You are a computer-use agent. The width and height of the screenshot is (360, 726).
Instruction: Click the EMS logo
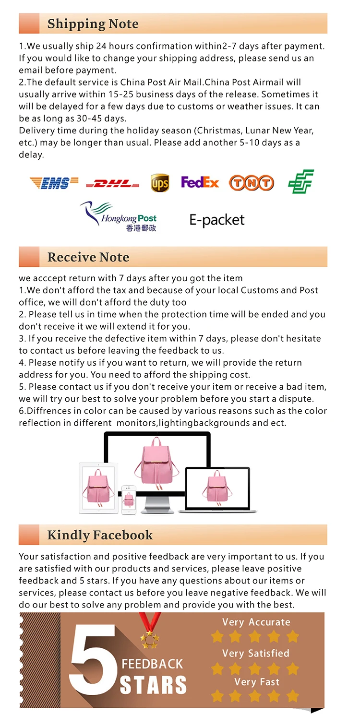(x=54, y=183)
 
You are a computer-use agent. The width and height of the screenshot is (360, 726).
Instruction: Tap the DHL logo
(x=112, y=184)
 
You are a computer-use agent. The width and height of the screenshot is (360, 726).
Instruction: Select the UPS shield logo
(x=160, y=183)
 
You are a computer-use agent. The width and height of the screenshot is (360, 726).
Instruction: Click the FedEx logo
(x=200, y=182)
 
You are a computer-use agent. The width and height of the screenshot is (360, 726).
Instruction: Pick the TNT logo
(x=251, y=183)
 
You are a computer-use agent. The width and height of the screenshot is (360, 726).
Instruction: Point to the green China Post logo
(x=301, y=181)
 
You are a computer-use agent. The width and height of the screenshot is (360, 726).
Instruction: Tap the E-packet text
(x=217, y=220)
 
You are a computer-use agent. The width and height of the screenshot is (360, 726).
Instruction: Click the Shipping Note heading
(x=93, y=24)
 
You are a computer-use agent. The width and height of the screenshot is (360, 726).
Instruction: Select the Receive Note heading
(x=88, y=257)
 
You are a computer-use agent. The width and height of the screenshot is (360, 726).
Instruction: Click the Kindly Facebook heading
(x=100, y=535)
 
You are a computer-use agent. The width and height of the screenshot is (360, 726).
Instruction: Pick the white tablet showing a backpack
(x=98, y=488)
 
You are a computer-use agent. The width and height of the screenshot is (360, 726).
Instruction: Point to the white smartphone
(x=129, y=500)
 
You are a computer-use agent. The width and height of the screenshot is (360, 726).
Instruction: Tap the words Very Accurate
(x=256, y=622)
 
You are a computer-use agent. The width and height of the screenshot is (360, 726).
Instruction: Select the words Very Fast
(x=256, y=682)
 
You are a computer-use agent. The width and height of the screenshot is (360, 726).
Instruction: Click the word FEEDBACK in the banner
(x=152, y=664)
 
